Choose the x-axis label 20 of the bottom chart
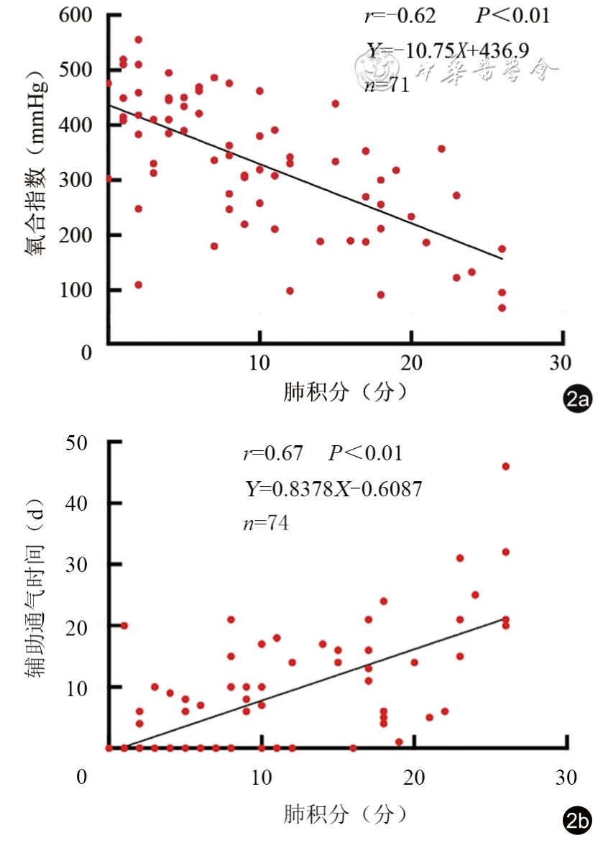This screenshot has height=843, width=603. [413, 778]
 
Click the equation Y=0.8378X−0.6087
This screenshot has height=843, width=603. [333, 489]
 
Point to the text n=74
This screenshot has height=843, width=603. [266, 524]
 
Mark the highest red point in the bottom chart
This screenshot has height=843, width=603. [505, 466]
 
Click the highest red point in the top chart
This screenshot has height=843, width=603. [138, 40]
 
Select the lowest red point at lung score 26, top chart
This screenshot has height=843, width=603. [502, 308]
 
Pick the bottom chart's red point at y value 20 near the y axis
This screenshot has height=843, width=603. [124, 626]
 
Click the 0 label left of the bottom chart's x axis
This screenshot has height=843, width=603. [82, 778]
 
